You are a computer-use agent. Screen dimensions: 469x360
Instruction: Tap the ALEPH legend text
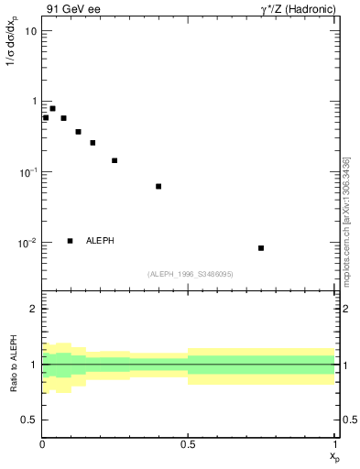[x=100, y=241]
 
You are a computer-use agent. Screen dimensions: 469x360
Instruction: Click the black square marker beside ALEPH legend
[x=70, y=241]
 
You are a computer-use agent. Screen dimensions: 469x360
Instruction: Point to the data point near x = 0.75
[x=261, y=248]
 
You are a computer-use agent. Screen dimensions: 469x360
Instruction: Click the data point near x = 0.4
[x=158, y=186]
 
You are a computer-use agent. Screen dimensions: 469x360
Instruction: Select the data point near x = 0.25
[x=115, y=160]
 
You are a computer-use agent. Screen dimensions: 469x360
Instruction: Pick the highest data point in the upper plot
[x=52, y=108]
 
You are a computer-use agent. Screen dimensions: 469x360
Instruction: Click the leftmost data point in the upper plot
[x=46, y=117]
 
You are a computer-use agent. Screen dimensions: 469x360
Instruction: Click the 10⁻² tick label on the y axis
[x=27, y=243]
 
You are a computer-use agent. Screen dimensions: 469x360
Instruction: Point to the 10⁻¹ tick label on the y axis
[x=27, y=172]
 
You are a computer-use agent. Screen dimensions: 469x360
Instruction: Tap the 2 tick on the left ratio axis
[x=35, y=309]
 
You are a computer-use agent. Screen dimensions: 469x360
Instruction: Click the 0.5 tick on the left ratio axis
[x=31, y=420]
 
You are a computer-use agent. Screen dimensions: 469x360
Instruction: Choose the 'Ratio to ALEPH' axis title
[x=14, y=364]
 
